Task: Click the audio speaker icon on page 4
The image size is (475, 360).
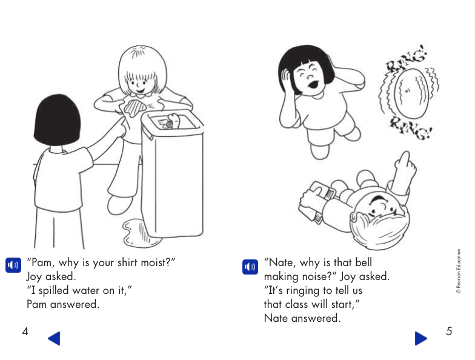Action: point(13,265)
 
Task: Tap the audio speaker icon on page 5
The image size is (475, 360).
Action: point(250,266)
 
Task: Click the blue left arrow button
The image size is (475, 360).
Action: point(54,338)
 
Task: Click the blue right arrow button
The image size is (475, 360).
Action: point(421,338)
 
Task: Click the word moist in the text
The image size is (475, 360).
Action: point(156,263)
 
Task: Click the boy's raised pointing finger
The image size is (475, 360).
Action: point(405,161)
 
